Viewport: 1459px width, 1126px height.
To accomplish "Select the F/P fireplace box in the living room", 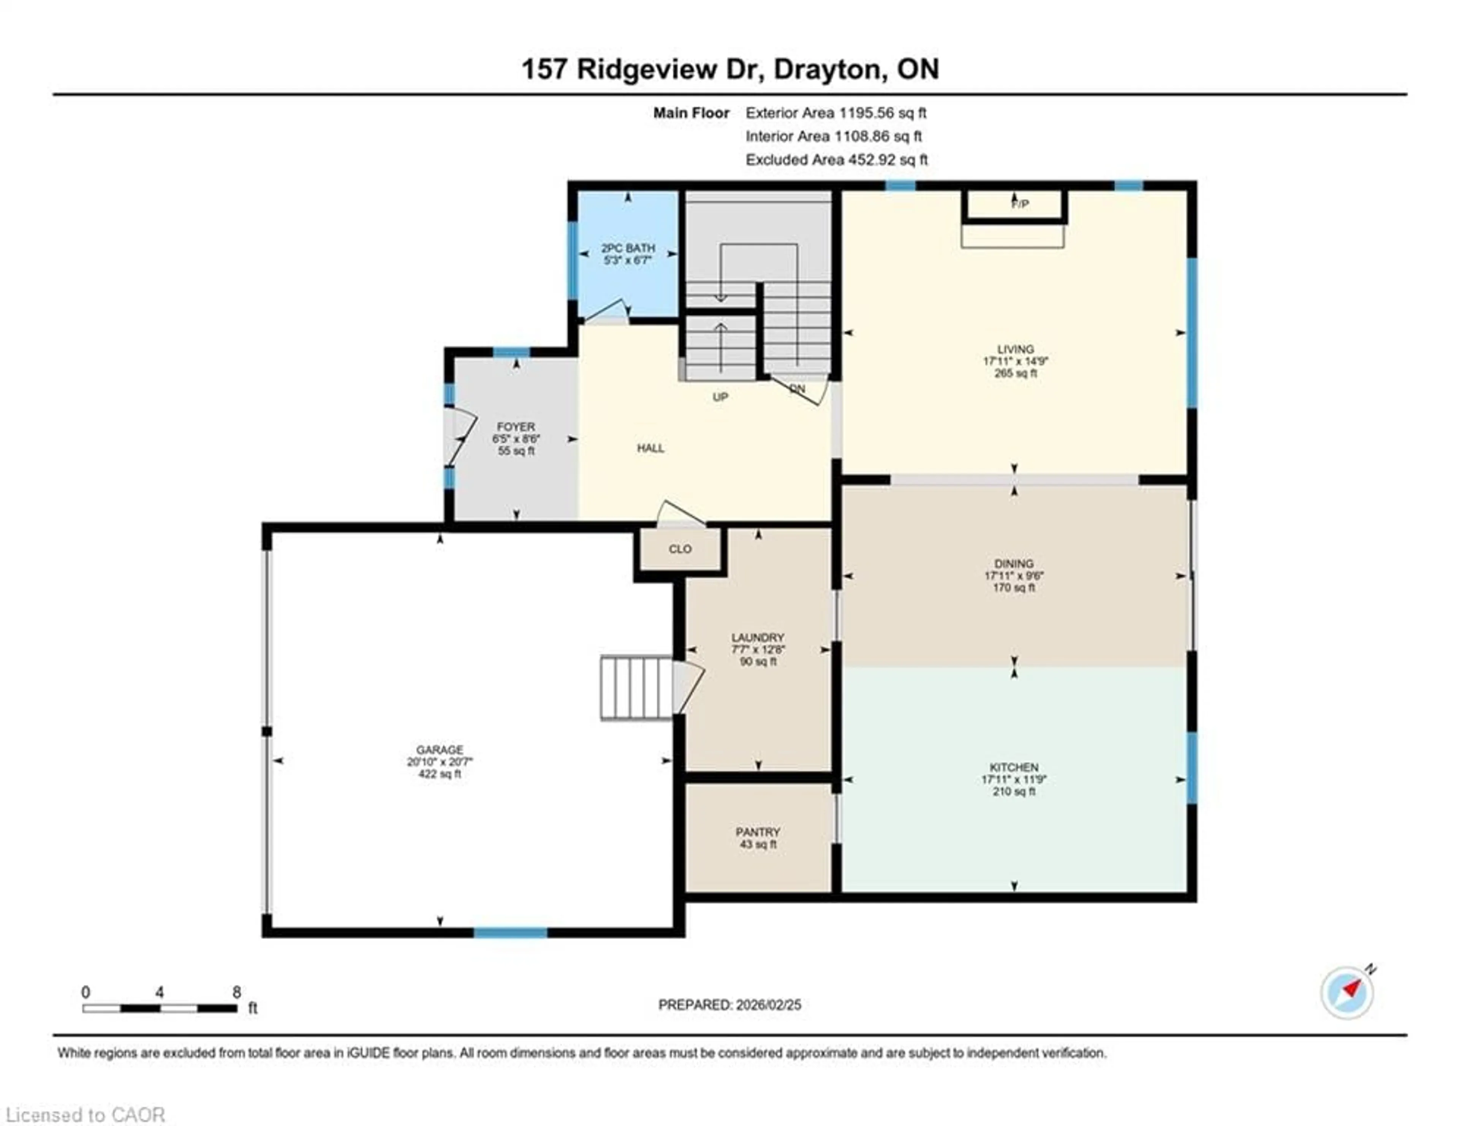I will pos(1014,204).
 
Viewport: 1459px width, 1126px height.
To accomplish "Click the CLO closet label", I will pos(680,549).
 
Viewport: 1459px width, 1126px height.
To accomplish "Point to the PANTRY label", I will pos(758,832).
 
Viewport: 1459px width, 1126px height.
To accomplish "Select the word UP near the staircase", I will pos(720,397).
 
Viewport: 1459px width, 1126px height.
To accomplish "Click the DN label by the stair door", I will pos(797,389).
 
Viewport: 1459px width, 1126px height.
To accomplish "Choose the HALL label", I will pos(650,448).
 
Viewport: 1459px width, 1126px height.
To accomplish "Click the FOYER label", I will pos(515,427).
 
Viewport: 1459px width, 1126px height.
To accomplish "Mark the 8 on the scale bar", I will pos(236,992).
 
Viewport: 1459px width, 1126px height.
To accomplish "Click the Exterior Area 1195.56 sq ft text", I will pos(836,113).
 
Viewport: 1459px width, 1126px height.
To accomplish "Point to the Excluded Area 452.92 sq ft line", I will pos(836,160).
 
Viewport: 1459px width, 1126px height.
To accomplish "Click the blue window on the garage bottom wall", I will pos(510,932).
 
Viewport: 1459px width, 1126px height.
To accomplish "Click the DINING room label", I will pos(1013,564).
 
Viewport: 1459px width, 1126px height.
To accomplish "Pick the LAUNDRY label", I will pos(758,638).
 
